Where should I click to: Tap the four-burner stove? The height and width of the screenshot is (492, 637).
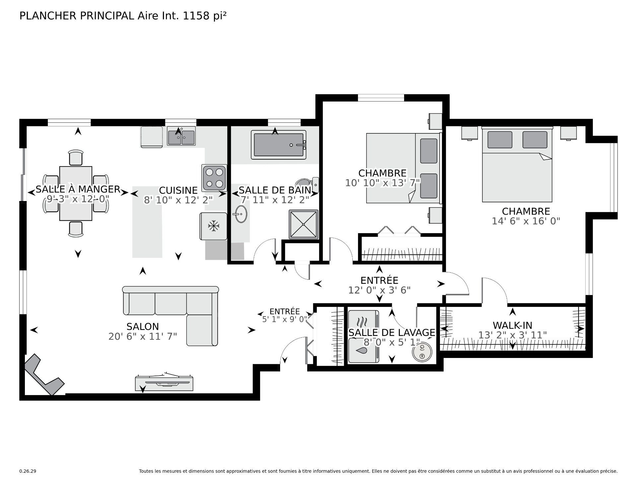(x=214, y=178)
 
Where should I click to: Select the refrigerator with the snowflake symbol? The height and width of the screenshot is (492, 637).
(x=213, y=226)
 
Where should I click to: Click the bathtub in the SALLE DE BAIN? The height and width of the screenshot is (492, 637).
(x=279, y=145)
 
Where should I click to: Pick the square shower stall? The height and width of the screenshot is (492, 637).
(x=304, y=224)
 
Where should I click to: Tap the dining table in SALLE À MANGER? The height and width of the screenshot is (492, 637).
(x=76, y=193)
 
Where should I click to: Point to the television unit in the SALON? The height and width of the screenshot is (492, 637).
(x=165, y=383)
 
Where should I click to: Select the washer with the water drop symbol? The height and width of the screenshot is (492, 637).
(x=363, y=350)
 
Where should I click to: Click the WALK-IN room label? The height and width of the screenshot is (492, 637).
(x=512, y=325)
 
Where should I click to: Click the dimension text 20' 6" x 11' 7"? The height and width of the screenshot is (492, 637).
(x=143, y=336)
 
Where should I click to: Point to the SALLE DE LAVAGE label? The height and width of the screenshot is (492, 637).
(x=391, y=332)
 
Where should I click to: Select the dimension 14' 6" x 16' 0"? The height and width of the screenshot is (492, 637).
(x=526, y=221)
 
